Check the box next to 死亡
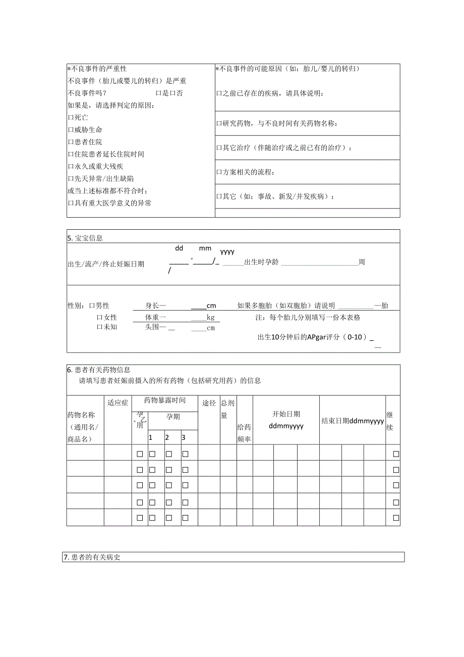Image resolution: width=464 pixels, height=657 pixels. point(70,118)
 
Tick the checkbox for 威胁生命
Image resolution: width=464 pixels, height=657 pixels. point(70,130)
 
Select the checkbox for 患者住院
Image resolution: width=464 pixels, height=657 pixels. point(70,142)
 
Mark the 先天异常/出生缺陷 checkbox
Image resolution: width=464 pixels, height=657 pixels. point(70,179)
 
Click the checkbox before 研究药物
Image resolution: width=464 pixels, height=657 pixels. point(219,124)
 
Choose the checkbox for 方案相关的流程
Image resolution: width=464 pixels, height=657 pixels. point(219,173)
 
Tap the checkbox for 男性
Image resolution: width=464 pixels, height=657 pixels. point(92,306)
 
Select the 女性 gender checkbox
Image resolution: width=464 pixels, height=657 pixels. point(99,318)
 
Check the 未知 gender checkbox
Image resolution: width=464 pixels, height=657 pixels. point(99,327)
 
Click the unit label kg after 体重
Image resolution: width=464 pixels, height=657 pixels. point(210,318)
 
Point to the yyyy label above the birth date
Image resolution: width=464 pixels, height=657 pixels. point(227,251)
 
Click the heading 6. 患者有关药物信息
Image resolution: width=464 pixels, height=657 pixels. point(99,370)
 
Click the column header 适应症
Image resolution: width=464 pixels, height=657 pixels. point(118,402)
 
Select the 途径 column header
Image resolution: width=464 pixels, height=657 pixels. point(209,403)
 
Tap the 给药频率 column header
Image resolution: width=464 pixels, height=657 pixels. point(244,433)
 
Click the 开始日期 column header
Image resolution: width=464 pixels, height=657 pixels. point(286,414)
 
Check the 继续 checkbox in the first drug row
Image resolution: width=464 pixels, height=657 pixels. point(396,454)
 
